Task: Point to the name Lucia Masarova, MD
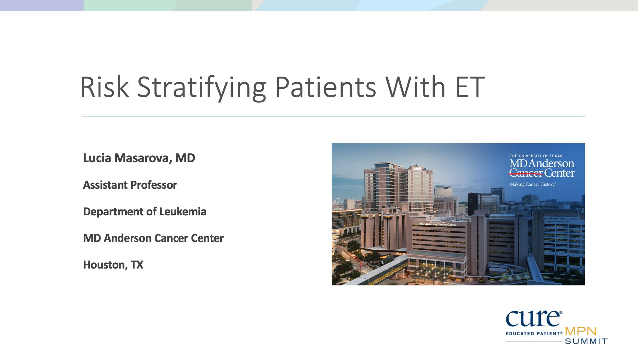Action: (139, 158)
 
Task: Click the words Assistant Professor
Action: (130, 185)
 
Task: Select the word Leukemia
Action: (183, 211)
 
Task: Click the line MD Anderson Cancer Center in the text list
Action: (153, 238)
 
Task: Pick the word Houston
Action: (104, 265)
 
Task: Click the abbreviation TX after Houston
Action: (137, 265)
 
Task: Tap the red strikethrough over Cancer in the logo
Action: (526, 174)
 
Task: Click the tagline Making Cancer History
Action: (532, 184)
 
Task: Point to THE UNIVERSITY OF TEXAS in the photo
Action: (536, 156)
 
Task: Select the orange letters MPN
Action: (581, 331)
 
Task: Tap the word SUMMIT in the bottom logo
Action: (586, 341)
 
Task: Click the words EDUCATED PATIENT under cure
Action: (533, 333)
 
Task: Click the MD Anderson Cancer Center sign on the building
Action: (438, 224)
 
